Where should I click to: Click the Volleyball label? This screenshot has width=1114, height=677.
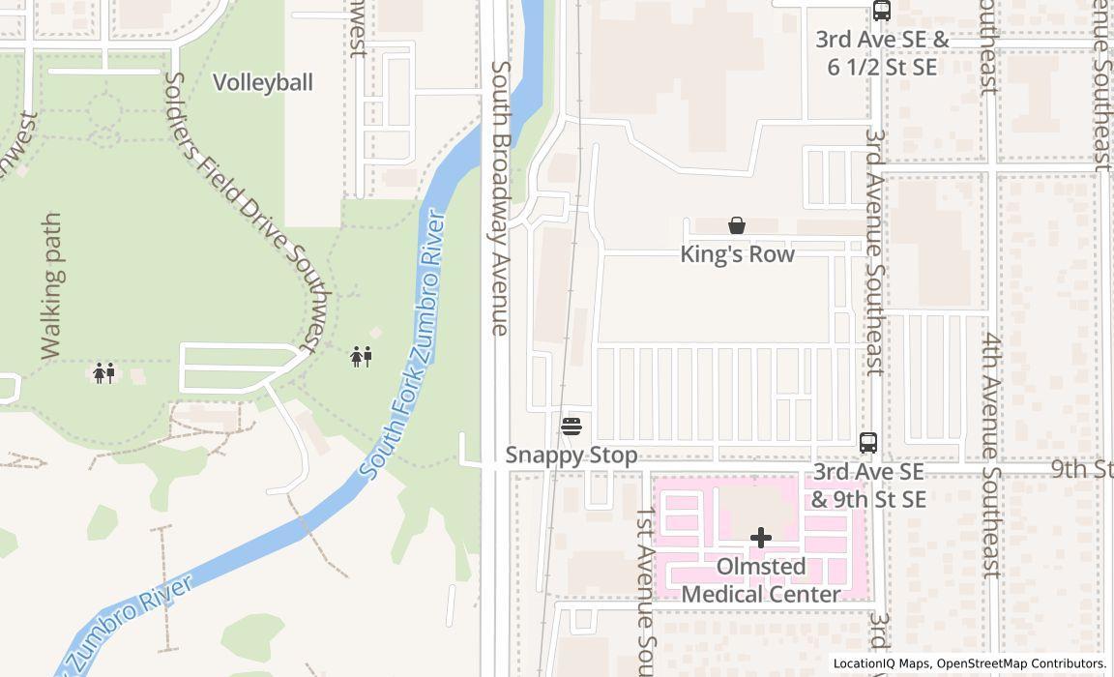coord(263,82)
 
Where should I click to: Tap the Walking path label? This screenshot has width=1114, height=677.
coord(51,286)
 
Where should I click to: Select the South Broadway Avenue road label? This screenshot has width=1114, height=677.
coord(500,198)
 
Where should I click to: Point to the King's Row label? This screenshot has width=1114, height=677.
coord(737,254)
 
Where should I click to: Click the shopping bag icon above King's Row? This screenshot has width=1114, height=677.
coord(737,225)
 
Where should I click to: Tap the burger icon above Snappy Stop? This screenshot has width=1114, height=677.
coord(572,426)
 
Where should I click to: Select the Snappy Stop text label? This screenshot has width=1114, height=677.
coord(572,456)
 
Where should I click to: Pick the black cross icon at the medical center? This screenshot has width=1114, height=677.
coord(761,538)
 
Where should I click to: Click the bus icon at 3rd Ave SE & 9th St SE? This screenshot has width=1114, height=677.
coord(868,443)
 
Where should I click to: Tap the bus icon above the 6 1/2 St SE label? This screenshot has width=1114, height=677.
coord(882,11)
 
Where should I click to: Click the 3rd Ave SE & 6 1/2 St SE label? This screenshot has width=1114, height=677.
coord(882,53)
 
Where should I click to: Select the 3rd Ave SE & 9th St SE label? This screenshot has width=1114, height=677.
coord(868,486)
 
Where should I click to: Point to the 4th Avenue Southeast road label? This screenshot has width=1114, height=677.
coord(991,455)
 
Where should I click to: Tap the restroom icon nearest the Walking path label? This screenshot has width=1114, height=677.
coord(104,373)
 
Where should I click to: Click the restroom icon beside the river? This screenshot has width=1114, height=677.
coord(362,357)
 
